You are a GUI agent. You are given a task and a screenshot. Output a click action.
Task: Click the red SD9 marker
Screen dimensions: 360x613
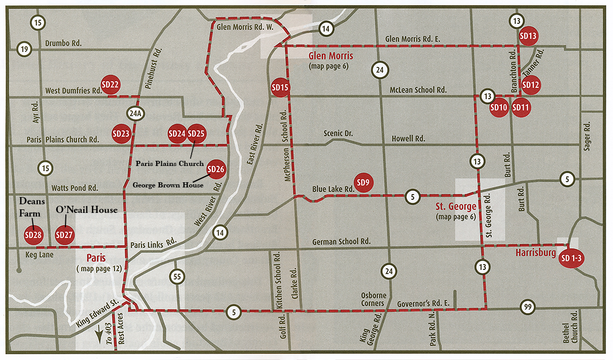[x=363, y=182]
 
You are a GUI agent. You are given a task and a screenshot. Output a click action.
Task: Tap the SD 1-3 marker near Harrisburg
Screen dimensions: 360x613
[x=571, y=258]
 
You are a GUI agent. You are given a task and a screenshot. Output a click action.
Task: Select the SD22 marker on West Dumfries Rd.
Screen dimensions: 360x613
[x=110, y=85]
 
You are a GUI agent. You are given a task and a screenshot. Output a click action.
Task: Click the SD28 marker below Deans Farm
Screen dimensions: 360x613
[x=34, y=235]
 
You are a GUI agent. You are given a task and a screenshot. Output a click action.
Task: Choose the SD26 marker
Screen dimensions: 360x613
[x=216, y=169]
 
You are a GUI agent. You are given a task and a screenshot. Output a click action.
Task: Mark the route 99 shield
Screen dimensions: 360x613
[x=528, y=307]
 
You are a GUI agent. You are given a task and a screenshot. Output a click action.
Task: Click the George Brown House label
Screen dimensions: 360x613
[x=168, y=184]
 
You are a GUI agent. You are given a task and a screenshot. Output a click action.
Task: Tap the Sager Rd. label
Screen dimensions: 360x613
[x=587, y=136]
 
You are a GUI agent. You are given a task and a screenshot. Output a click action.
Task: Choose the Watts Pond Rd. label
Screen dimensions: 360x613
[x=72, y=188]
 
